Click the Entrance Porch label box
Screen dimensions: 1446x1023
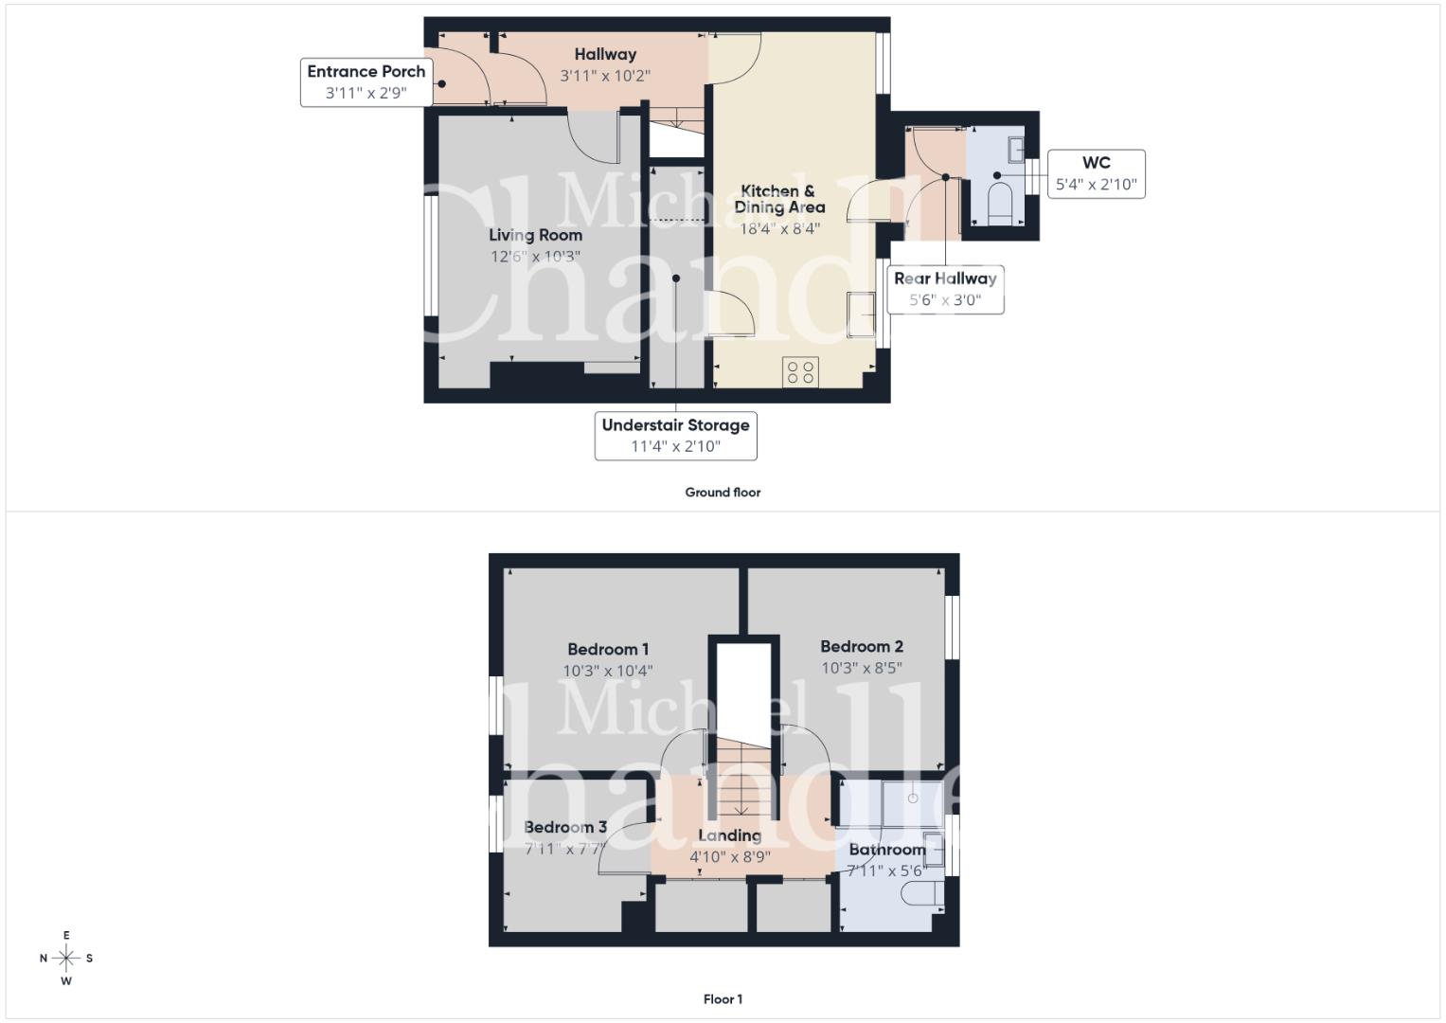click(366, 82)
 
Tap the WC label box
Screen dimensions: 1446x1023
click(1097, 173)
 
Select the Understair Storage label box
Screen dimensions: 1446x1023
click(675, 436)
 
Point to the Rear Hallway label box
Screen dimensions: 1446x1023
click(945, 289)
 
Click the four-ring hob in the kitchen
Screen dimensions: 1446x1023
click(800, 372)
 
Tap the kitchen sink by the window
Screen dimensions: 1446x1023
click(861, 314)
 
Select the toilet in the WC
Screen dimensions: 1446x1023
click(999, 204)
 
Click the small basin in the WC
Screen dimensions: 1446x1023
click(1015, 150)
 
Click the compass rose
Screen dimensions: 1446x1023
click(66, 958)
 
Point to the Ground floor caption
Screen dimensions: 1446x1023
click(723, 493)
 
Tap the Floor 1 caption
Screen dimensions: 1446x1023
click(723, 999)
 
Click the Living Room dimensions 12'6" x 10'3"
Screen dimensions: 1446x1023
click(535, 257)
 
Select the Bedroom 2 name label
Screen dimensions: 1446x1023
click(861, 646)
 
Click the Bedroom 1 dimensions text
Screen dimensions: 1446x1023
click(607, 671)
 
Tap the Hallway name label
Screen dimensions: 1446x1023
click(605, 54)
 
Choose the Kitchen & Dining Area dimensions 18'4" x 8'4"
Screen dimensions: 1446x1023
click(779, 228)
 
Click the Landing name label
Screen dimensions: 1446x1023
click(729, 835)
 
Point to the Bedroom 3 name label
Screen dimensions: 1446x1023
click(564, 827)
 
